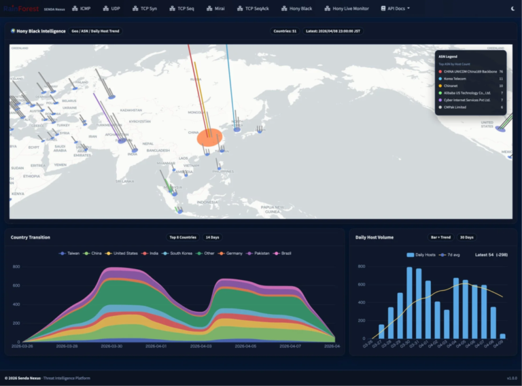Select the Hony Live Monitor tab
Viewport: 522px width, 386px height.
347,8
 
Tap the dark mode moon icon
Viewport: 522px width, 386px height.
512,8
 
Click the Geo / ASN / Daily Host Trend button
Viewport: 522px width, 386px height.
97,31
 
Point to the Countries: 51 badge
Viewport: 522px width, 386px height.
285,31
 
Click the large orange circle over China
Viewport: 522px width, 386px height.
210,137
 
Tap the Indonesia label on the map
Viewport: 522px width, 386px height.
207,202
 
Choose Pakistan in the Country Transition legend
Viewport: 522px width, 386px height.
260,253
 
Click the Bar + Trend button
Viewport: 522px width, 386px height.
440,237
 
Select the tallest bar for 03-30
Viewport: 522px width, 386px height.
409,304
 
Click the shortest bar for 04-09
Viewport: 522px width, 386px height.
502,336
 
